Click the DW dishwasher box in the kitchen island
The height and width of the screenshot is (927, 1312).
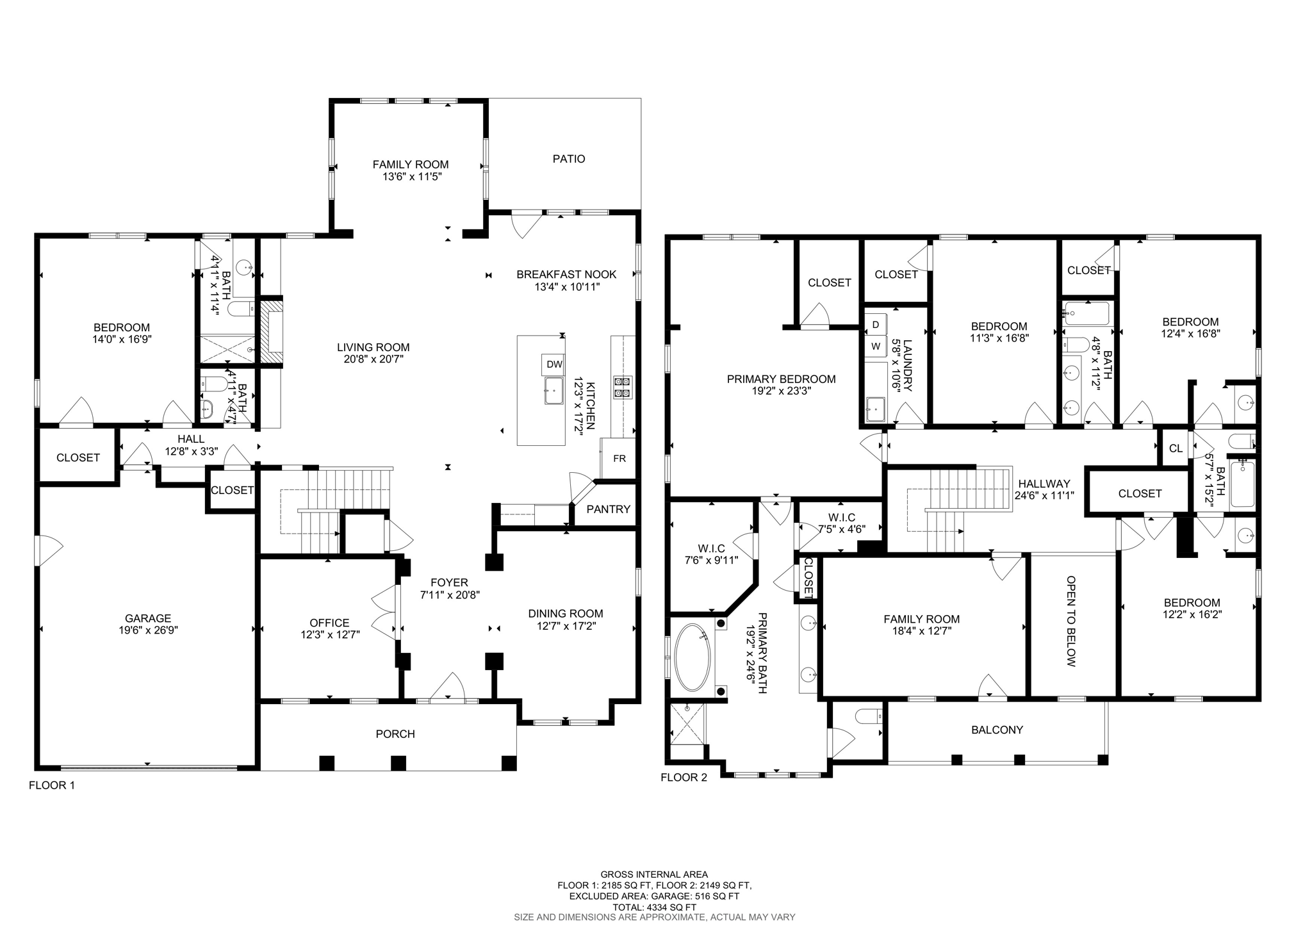coord(554,365)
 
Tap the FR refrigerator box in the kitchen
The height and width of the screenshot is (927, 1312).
coord(619,458)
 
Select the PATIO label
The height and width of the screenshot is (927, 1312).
coord(568,159)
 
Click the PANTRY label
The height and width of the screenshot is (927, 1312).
coord(608,509)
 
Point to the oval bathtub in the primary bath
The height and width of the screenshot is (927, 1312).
coord(693,657)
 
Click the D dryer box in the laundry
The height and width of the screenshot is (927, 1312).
coord(875,325)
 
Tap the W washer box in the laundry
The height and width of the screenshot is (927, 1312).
coord(875,346)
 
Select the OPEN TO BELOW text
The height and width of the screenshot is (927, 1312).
coord(1070,621)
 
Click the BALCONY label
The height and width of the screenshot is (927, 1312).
coord(997,730)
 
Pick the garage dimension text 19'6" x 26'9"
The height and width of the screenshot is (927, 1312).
coord(148,630)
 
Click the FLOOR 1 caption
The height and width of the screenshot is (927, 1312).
coord(52,785)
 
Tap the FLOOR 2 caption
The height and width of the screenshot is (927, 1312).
coord(684,778)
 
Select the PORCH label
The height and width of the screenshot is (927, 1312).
coord(395,734)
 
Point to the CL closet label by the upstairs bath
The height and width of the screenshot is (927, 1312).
coord(1176,448)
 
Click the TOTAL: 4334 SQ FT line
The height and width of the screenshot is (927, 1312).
coord(654,907)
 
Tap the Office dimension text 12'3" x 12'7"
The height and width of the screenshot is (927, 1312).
coord(329,635)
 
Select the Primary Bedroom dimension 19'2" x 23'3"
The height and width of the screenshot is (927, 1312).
coord(781,391)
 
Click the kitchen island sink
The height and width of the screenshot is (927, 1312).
coord(554,390)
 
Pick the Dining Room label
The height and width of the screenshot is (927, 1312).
coord(565,614)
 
